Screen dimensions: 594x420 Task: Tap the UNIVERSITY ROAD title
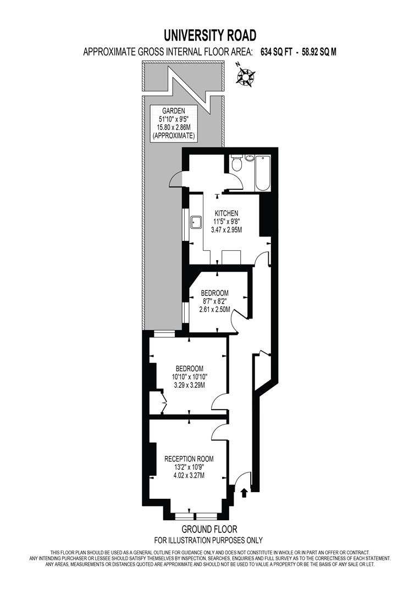[x=209, y=36]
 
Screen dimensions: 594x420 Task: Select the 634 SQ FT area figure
[x=276, y=52]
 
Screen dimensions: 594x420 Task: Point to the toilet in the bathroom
[x=237, y=164]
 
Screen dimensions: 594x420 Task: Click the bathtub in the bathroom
[x=263, y=173]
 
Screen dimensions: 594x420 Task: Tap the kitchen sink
[x=196, y=222]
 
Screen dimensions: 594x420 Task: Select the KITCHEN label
[x=226, y=213]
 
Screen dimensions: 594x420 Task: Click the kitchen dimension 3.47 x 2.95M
[x=226, y=232]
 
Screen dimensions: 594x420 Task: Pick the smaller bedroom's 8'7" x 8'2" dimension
[x=214, y=301]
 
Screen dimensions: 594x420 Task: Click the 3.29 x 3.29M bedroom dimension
[x=190, y=386]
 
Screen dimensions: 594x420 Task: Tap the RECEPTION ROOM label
[x=189, y=458]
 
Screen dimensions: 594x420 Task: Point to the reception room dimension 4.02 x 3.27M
[x=189, y=475]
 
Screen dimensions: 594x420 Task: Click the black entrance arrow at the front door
[x=244, y=493]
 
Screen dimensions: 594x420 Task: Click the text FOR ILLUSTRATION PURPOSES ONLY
[x=209, y=540]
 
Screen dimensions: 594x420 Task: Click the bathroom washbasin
[x=251, y=159]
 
